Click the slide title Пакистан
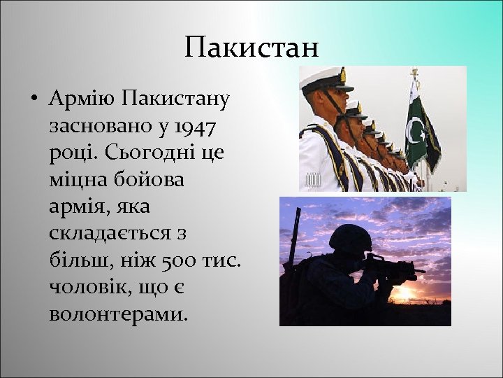tap(251, 48)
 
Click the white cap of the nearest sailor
tap(322, 79)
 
